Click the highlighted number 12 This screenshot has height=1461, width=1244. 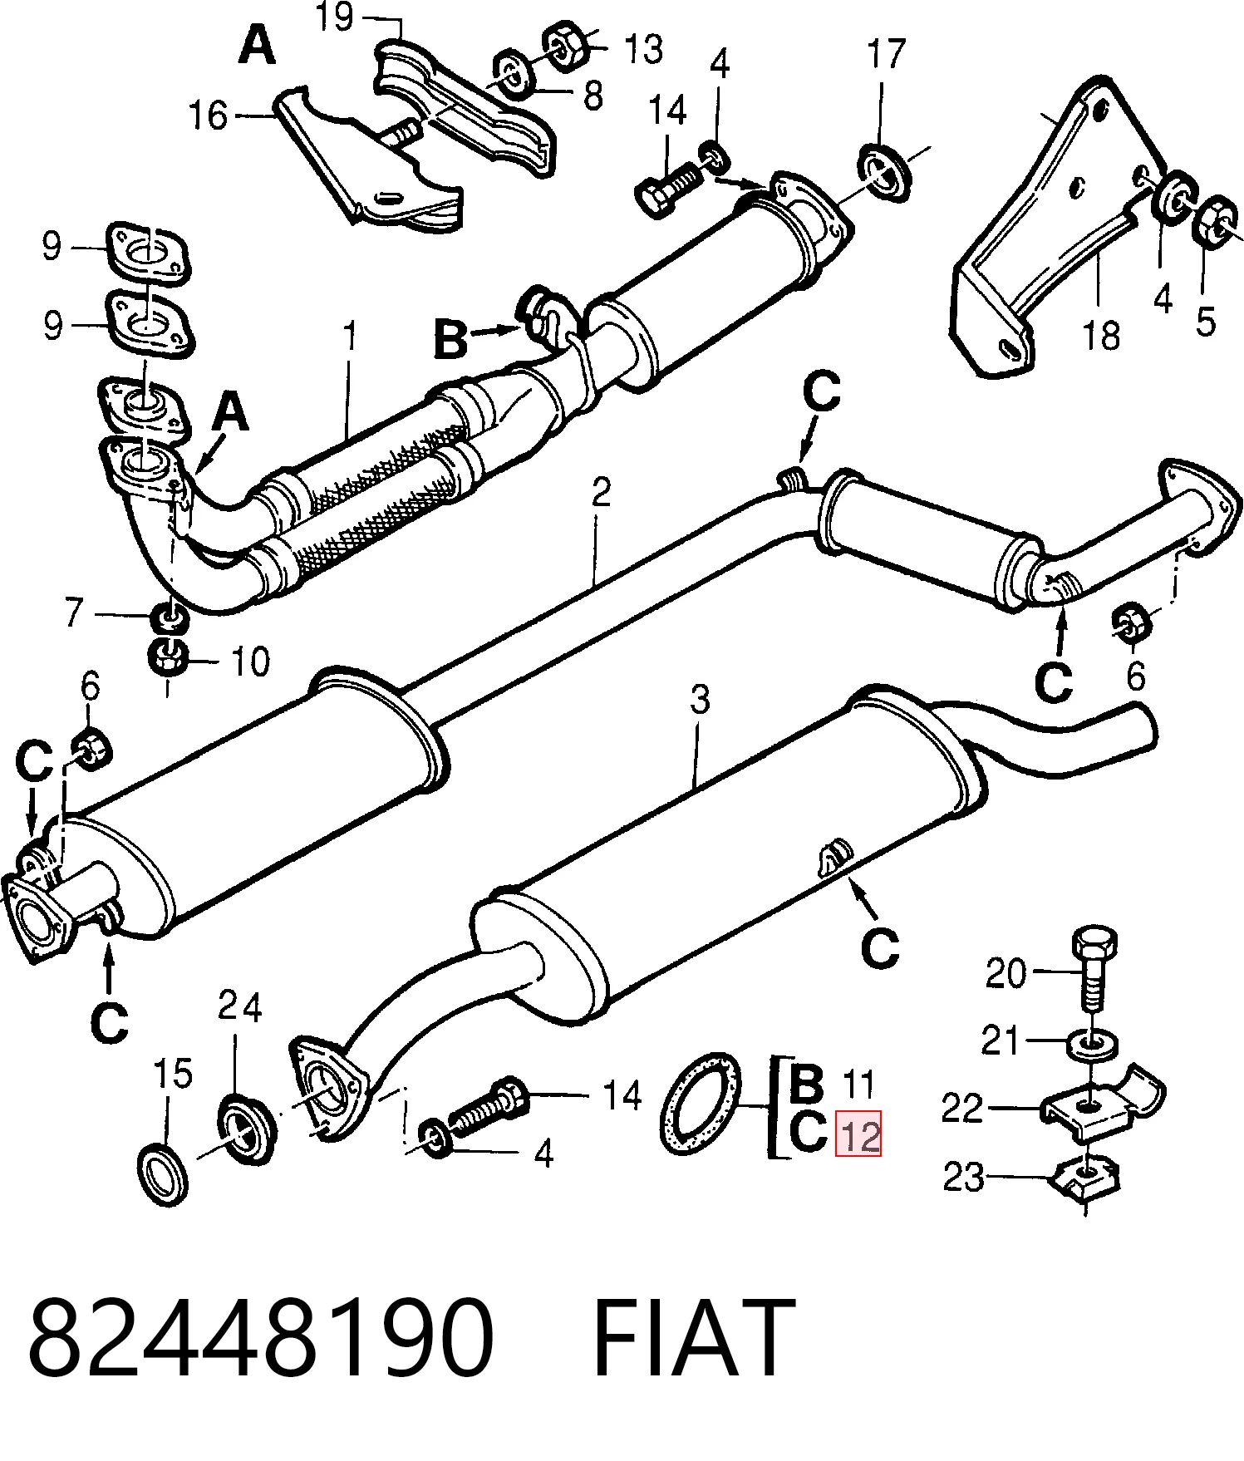859,1134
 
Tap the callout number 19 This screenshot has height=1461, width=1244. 334,17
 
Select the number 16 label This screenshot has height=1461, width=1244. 208,116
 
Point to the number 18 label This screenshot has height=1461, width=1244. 1101,336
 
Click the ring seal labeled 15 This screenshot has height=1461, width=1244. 160,1173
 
